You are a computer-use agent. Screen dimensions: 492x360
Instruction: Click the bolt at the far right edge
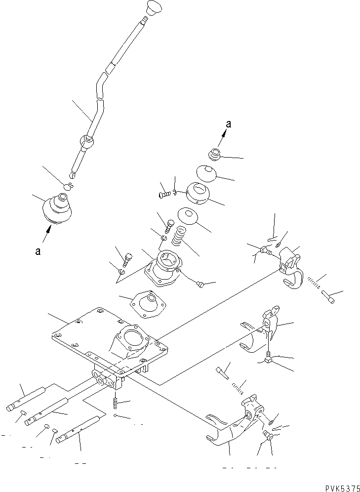pyautogui.click(x=330, y=297)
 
